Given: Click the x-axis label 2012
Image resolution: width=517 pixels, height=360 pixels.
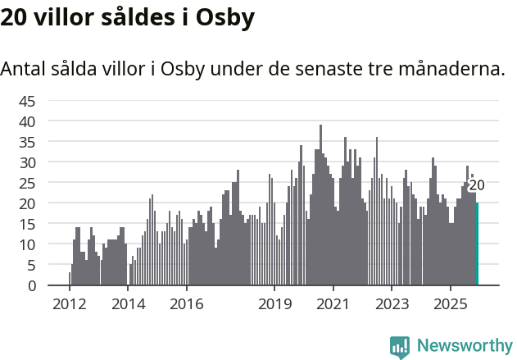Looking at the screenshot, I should (70, 304).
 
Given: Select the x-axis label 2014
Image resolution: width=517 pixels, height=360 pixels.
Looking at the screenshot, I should (128, 304).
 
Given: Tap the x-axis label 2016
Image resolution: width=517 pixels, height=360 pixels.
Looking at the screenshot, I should (187, 304).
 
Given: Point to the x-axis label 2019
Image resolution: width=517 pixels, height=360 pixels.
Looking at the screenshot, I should (274, 304).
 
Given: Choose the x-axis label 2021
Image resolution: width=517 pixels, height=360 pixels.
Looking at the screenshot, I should (333, 304).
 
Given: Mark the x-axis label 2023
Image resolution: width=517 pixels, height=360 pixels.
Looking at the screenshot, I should (392, 304).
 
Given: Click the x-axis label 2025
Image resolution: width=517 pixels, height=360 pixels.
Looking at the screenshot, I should (451, 304).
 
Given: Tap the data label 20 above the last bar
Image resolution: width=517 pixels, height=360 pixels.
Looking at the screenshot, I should (476, 185).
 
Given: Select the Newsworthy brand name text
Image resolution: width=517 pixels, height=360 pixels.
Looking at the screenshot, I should (465, 345).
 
